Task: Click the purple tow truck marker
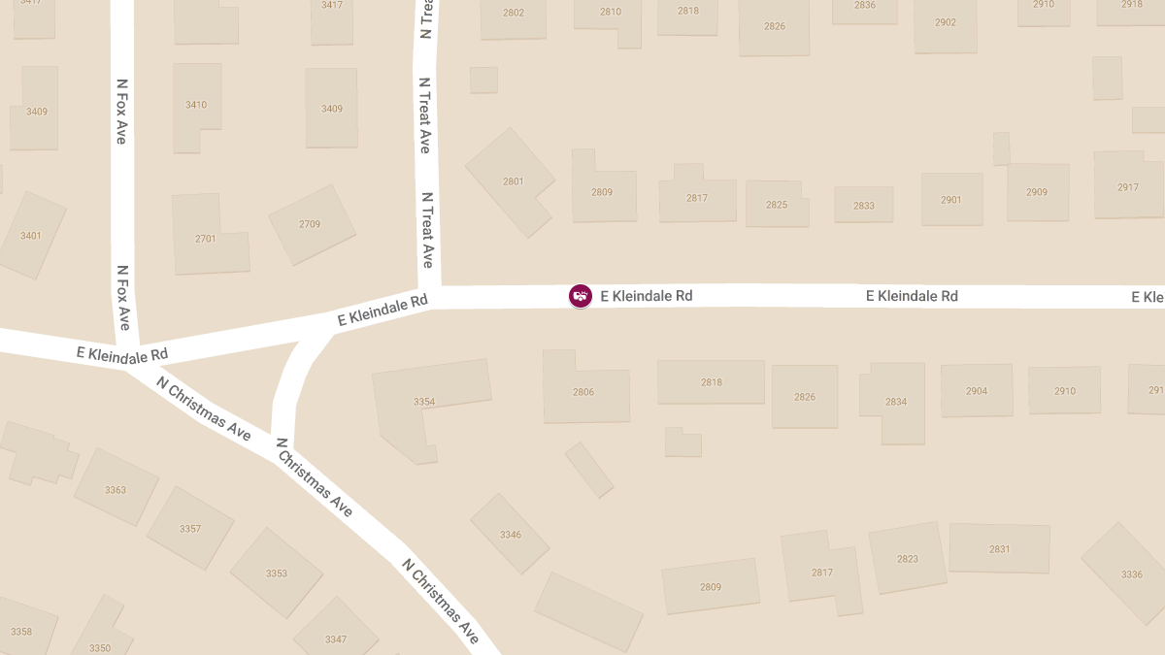point(580,296)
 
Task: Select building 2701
point(207,238)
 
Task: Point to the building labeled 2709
point(311,224)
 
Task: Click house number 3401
point(31,235)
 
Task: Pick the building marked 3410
point(196,105)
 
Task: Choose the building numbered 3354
point(425,401)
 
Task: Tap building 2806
point(583,392)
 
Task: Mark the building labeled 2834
point(895,401)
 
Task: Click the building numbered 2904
point(977,391)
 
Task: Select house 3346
point(510,535)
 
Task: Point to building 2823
point(908,558)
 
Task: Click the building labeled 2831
point(999,549)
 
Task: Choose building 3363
point(116,490)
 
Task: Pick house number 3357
point(190,529)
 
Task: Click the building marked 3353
point(277,573)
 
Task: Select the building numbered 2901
point(951,200)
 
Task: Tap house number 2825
point(777,205)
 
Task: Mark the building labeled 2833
point(863,205)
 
